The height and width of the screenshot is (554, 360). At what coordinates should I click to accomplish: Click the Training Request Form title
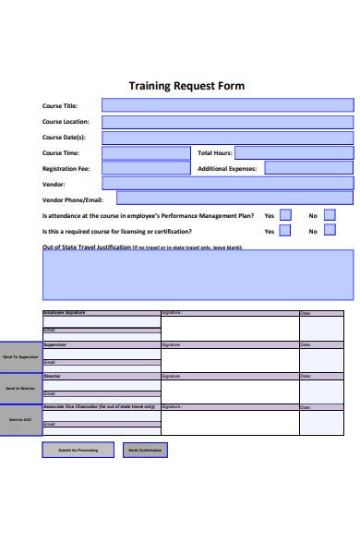coord(186,86)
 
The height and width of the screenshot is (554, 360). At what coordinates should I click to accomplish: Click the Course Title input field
coord(227,106)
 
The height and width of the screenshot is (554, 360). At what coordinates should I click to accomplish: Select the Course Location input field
coord(227,122)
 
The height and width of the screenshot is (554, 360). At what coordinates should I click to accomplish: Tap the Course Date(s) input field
coord(227,138)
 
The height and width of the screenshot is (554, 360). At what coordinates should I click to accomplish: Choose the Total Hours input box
coord(295,152)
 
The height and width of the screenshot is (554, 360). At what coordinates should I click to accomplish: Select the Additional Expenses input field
coord(309,168)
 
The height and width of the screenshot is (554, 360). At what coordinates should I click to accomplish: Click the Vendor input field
coord(227,184)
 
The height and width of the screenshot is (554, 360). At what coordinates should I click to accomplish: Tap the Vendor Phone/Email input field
coord(234,198)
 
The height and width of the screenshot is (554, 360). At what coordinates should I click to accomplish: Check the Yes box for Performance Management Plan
coord(285,215)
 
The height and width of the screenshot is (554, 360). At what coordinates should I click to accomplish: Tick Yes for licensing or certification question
coord(285,231)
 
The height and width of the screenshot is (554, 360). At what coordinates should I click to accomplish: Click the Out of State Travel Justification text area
coord(198,274)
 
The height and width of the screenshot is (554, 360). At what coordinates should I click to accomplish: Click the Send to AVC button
coord(20,420)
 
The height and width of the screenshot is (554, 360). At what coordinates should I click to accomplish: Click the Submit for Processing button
coord(78,450)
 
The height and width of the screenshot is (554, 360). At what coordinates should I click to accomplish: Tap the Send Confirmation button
coord(144,450)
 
